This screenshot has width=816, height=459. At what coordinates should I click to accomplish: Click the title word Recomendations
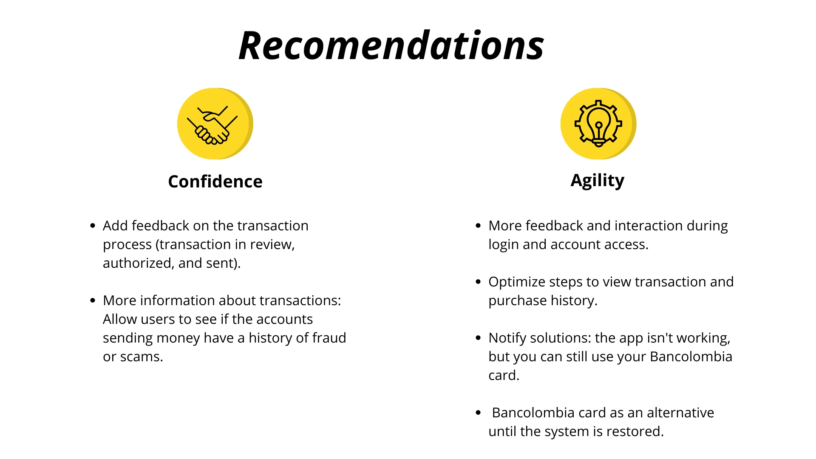(391, 45)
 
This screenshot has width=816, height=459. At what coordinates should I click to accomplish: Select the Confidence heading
(215, 181)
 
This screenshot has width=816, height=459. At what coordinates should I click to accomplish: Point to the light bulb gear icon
(598, 124)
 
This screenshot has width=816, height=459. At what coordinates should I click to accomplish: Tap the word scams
(142, 357)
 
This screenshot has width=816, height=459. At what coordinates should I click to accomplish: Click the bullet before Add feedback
(93, 226)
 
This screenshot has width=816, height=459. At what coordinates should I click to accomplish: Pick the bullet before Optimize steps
(479, 282)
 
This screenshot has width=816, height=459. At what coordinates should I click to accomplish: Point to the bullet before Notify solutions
(479, 338)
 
